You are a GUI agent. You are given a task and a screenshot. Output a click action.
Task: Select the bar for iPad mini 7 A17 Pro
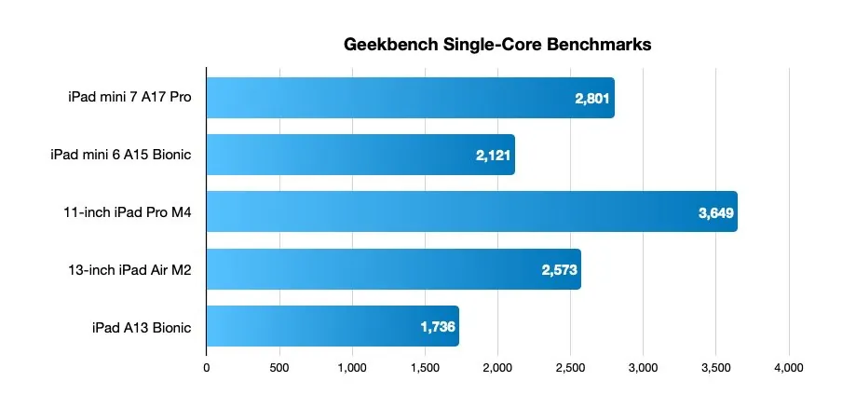410,98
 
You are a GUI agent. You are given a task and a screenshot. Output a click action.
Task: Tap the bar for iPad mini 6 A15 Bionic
360,155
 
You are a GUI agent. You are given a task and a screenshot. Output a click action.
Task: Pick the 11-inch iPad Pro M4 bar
471,211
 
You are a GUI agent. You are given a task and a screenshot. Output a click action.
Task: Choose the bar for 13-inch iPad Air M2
393,269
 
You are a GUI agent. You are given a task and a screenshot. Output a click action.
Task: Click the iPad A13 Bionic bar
332,326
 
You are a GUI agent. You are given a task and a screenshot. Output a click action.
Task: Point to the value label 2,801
591,99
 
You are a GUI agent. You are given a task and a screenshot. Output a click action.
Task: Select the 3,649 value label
716,212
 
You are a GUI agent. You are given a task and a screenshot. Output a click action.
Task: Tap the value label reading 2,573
560,270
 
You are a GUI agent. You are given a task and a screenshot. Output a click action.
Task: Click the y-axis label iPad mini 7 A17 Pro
129,97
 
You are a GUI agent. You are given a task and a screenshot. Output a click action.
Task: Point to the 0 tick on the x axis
206,368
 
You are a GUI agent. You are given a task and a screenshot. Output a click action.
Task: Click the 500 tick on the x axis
279,368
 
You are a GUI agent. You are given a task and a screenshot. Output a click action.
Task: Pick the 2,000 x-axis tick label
497,368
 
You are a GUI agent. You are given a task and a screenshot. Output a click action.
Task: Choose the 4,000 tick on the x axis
789,368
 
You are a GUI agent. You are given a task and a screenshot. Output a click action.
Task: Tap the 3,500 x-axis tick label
716,368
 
